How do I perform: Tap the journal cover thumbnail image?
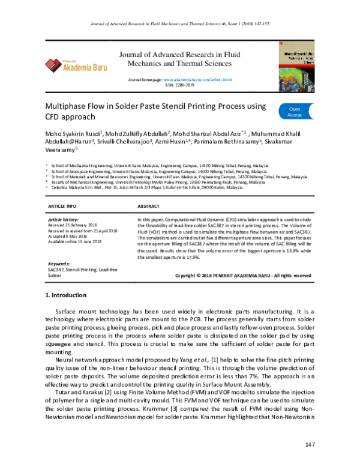298,63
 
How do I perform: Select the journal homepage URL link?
197,80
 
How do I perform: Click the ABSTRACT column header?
149,206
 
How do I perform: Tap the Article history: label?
62,221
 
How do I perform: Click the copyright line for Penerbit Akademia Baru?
242,275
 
